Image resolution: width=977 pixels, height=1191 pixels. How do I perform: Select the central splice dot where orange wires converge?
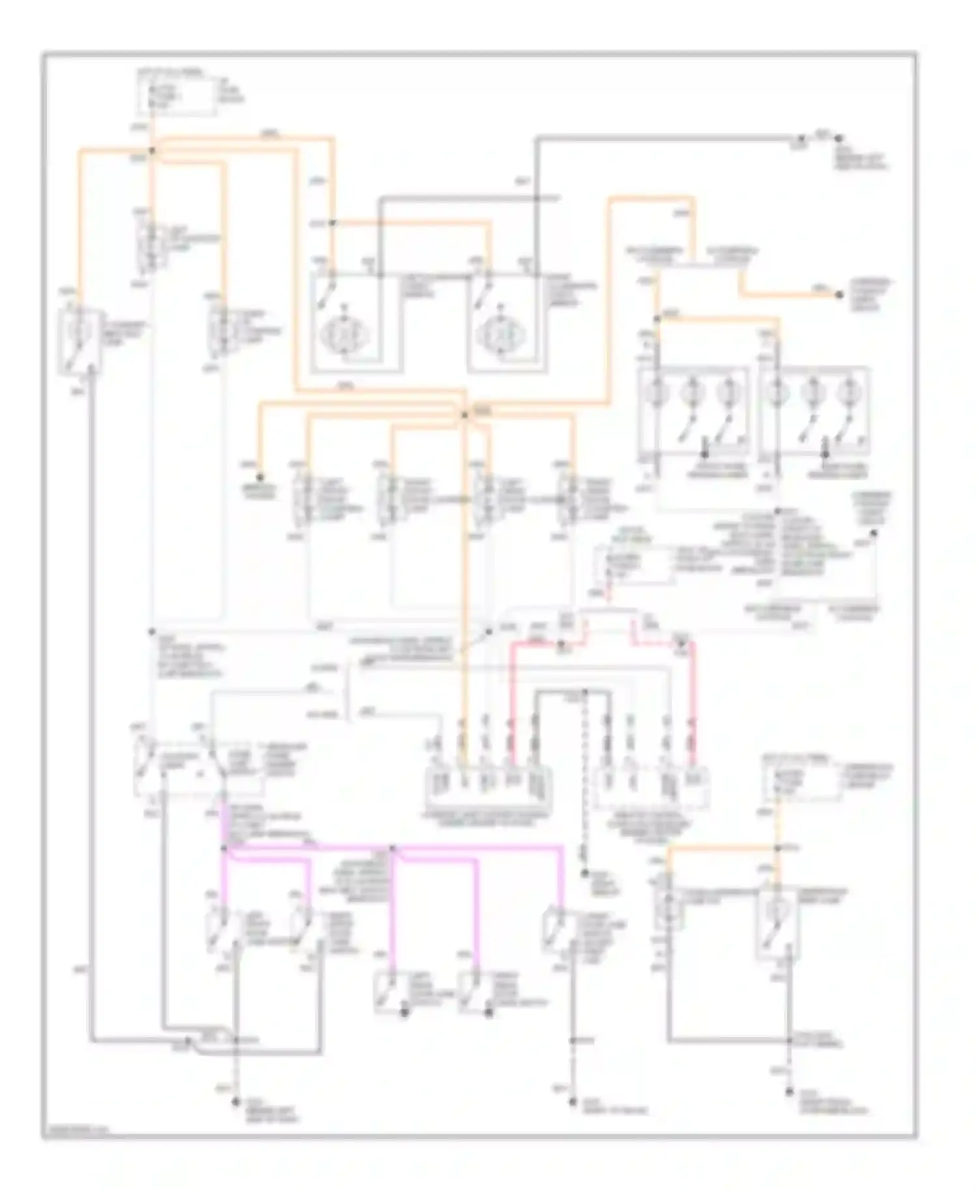click(464, 415)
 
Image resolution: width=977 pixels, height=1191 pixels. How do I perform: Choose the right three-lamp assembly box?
click(814, 412)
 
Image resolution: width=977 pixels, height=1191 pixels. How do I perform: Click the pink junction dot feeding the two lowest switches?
click(392, 848)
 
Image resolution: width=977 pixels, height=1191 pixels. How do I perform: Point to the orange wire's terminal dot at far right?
click(839, 295)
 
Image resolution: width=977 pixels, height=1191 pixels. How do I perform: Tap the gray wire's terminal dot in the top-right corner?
click(839, 139)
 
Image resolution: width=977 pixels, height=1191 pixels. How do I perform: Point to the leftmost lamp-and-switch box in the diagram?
click(79, 342)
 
